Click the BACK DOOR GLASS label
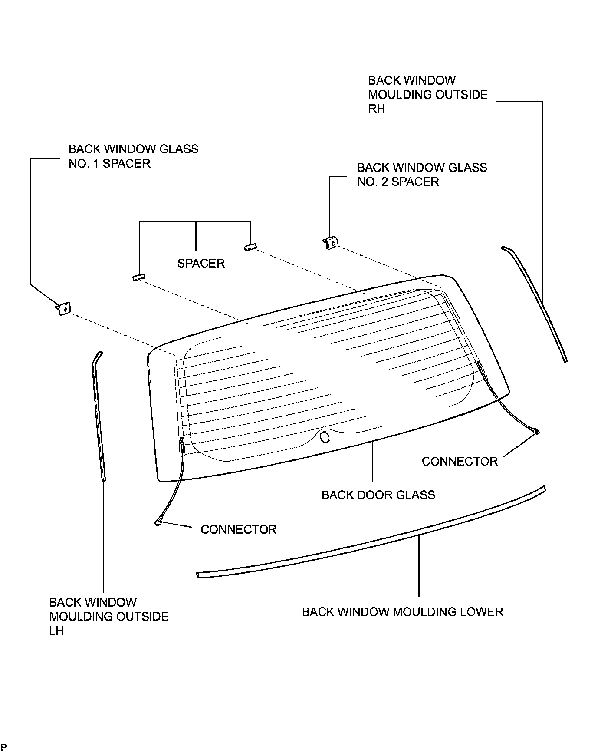(x=378, y=495)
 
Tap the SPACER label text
(x=201, y=263)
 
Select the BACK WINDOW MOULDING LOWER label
(x=402, y=612)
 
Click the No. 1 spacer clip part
(x=64, y=309)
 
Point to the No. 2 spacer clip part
(x=331, y=242)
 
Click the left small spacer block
(x=139, y=277)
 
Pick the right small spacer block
(x=250, y=247)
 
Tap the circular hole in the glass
(x=325, y=436)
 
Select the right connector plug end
(x=536, y=431)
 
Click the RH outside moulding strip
(x=538, y=304)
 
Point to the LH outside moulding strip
(x=99, y=417)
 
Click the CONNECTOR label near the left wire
(x=238, y=529)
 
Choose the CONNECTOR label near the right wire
(x=460, y=461)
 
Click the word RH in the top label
(x=376, y=109)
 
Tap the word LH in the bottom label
(x=56, y=631)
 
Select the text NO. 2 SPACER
(x=398, y=182)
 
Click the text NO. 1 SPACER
(x=109, y=164)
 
